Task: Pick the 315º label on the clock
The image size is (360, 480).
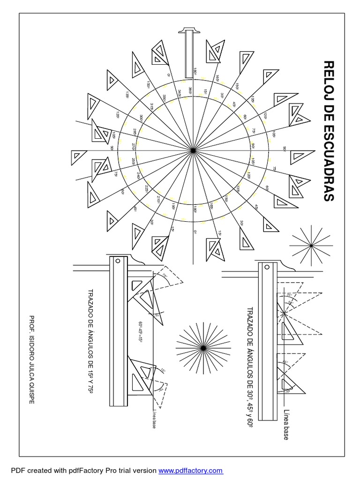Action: [x=152, y=107]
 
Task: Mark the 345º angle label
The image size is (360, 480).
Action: [x=179, y=94]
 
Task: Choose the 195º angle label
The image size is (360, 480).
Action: [x=173, y=207]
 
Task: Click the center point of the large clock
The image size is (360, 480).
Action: [x=193, y=150]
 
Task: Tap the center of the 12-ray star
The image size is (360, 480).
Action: [x=311, y=245]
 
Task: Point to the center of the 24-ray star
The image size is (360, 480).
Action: [x=203, y=347]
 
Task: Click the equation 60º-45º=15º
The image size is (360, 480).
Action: [x=140, y=333]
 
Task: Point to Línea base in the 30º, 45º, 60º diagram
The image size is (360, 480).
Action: [x=286, y=424]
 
